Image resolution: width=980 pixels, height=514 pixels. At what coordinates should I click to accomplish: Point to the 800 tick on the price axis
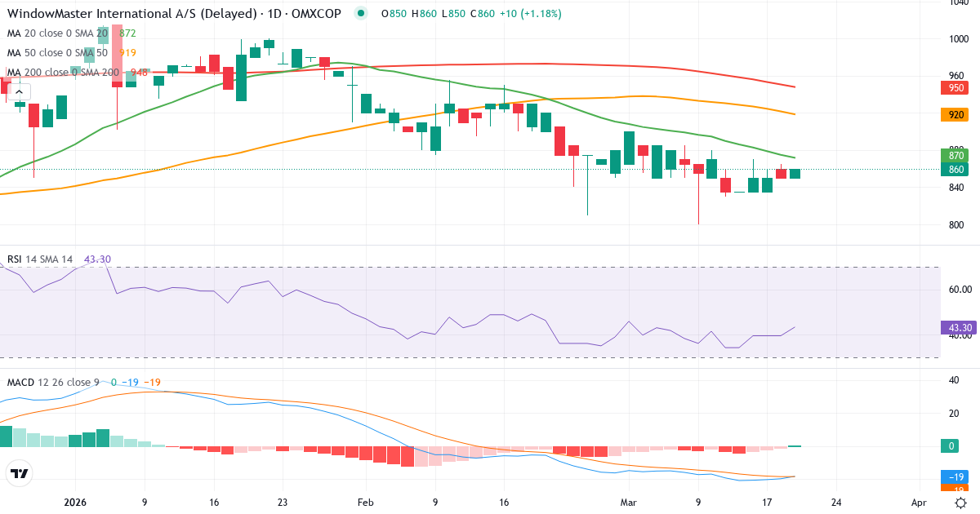point(957,225)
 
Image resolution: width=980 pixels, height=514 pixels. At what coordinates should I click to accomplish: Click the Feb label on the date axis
point(365,503)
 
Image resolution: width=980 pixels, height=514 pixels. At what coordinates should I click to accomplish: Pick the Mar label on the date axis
point(627,503)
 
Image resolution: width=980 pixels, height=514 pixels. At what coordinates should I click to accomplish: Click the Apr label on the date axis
point(919,503)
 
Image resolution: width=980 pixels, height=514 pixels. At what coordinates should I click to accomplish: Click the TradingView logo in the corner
point(19,473)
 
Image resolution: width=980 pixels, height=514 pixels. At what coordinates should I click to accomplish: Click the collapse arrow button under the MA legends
point(19,91)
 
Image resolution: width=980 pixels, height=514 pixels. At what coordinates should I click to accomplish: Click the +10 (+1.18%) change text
point(526,14)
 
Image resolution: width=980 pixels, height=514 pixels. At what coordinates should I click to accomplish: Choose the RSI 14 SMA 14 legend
point(40,259)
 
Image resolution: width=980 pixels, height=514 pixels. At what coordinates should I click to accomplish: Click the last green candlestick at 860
point(795,173)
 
